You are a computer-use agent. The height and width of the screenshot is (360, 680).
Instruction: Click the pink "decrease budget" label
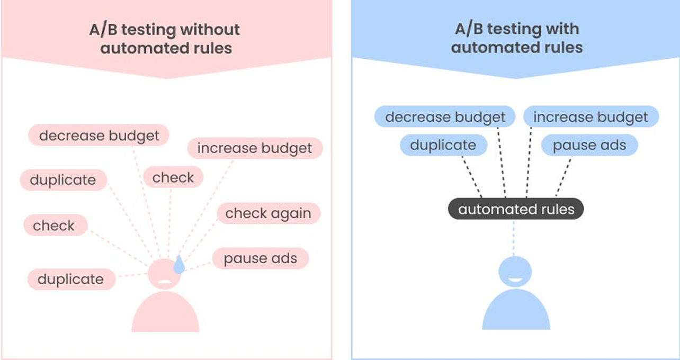point(99,136)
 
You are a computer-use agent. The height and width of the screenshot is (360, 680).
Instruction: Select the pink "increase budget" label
point(255,149)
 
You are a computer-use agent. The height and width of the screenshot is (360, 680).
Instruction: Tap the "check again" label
point(268,214)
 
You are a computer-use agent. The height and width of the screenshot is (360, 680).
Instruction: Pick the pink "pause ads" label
point(260,259)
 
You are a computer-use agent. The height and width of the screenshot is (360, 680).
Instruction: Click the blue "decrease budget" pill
point(445,117)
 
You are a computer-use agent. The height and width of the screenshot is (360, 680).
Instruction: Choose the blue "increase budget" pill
point(590,117)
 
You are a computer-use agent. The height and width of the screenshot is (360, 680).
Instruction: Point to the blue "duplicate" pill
point(443,145)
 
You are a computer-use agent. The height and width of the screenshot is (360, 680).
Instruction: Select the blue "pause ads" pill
point(589,145)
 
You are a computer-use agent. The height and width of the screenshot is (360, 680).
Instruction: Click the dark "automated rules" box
point(516,209)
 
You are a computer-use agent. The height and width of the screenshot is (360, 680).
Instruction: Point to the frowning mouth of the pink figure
point(165,281)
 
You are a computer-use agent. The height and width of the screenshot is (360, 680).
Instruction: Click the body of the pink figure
point(165,314)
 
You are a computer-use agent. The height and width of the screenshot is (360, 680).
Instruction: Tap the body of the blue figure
point(516,312)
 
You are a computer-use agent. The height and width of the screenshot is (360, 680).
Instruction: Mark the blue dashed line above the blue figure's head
point(514,238)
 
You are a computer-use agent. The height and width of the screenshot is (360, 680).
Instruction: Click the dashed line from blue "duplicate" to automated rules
point(471,176)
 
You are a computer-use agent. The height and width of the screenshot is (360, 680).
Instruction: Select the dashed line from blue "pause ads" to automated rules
point(563,177)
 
